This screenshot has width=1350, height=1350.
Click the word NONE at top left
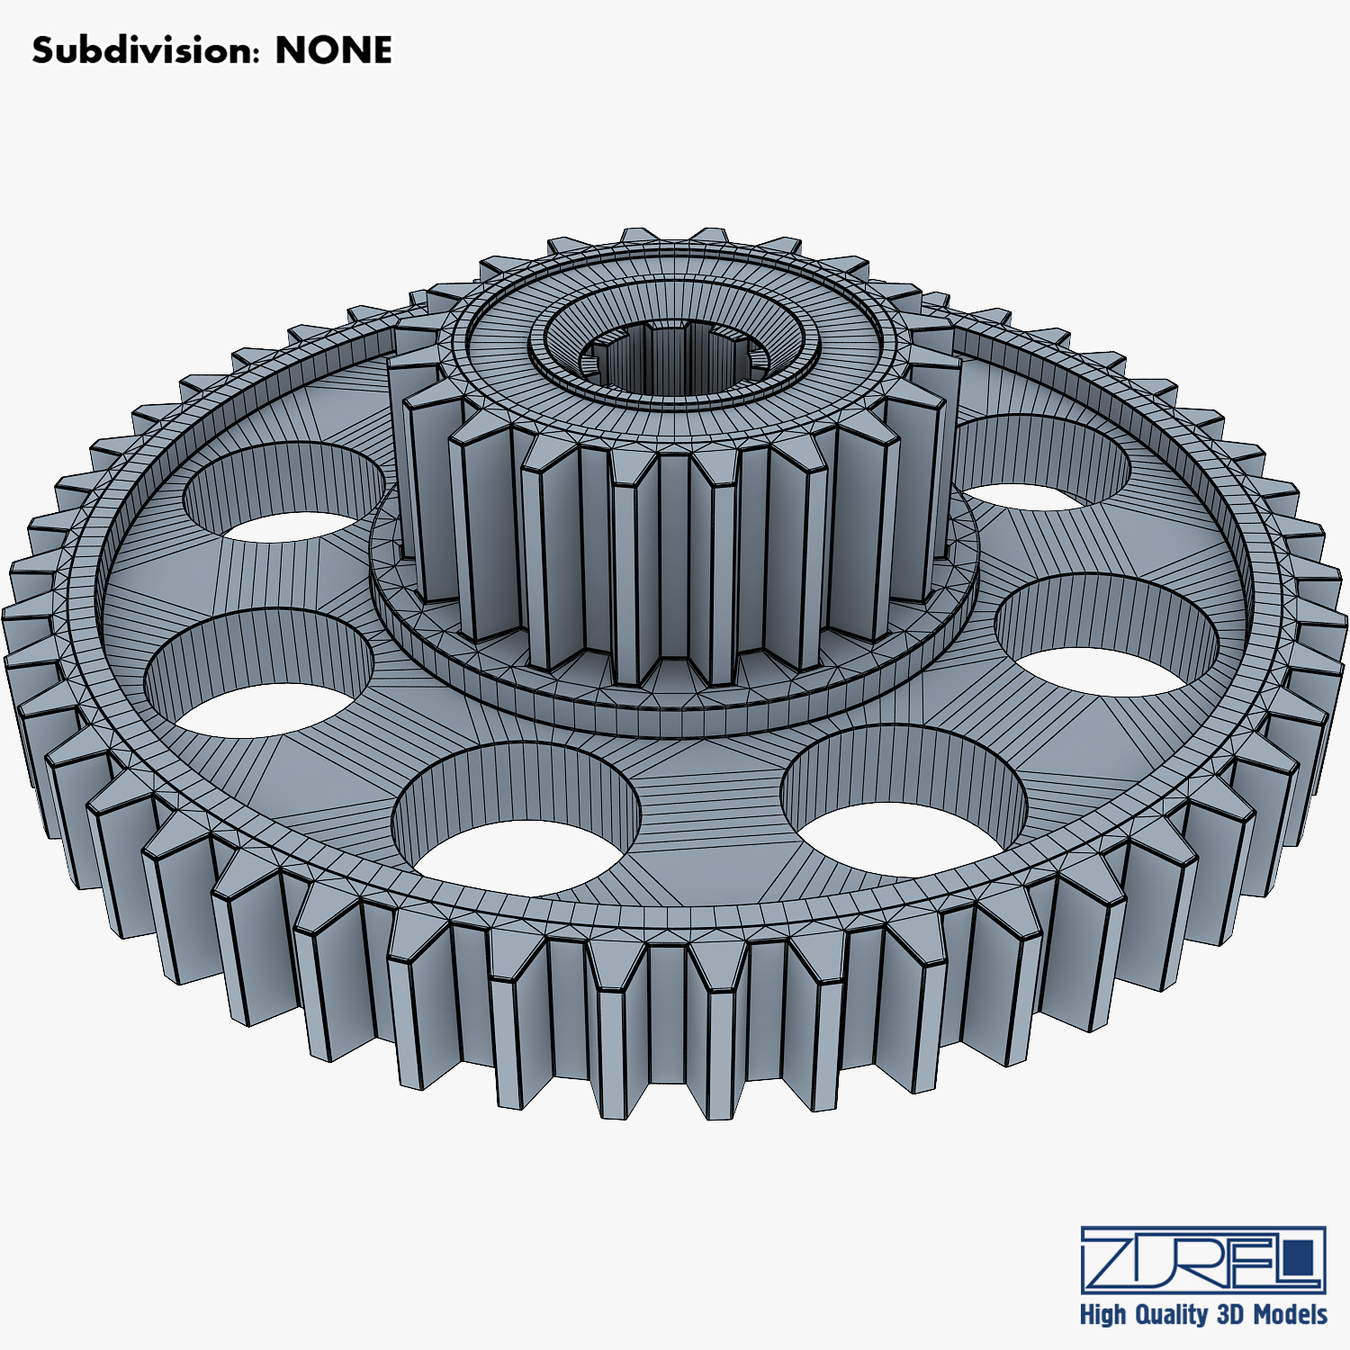[x=333, y=50]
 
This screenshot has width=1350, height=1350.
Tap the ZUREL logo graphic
[x=1203, y=1259]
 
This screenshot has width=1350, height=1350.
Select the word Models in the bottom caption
[x=1290, y=1315]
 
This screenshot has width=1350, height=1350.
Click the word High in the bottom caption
[x=1102, y=1315]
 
